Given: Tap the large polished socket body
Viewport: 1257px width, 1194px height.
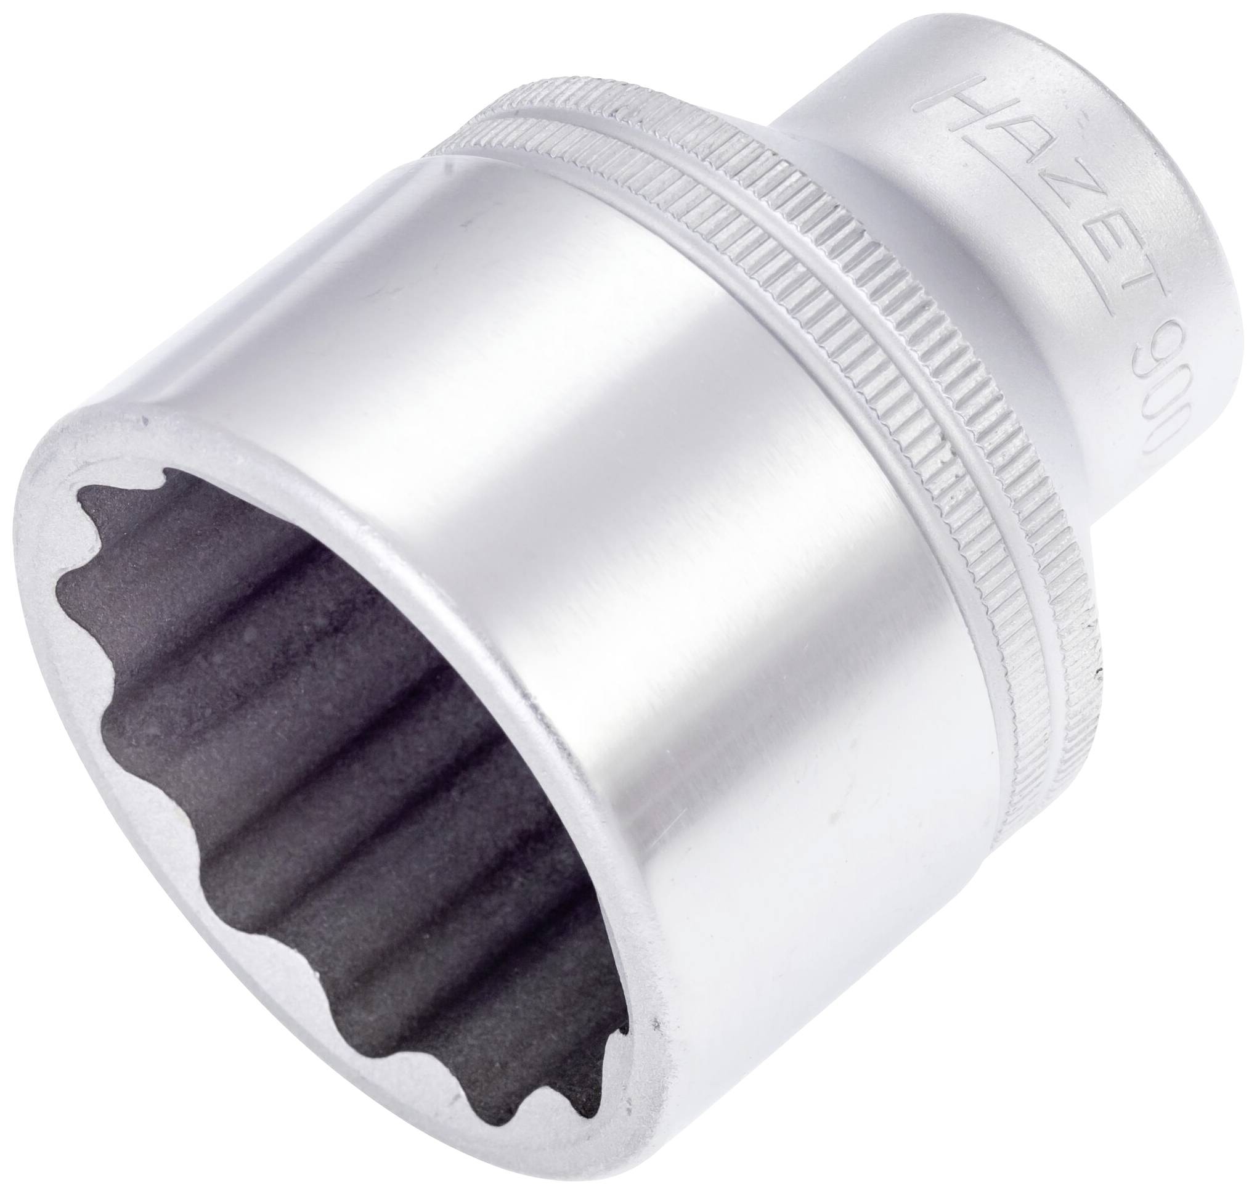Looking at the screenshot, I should tap(636, 509).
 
